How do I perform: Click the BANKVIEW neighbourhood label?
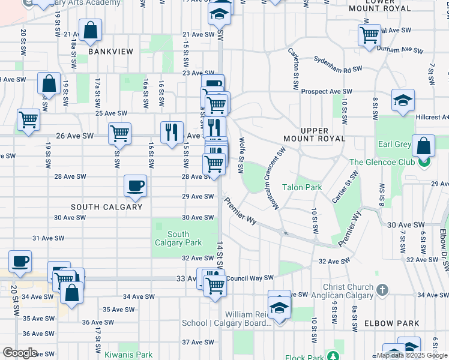(x=110, y=52)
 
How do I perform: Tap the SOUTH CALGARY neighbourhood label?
(x=106, y=207)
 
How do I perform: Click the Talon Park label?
(x=302, y=187)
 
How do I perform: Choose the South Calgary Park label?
(x=178, y=238)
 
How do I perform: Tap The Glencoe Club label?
(x=381, y=162)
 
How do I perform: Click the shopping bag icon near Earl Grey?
(x=424, y=146)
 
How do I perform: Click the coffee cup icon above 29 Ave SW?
(x=135, y=185)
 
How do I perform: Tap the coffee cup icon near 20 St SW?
(x=20, y=261)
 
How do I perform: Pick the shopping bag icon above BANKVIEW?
(x=90, y=31)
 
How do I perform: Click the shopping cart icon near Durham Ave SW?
(x=369, y=34)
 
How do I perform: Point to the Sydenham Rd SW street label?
(x=339, y=65)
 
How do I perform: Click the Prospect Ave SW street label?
(x=327, y=91)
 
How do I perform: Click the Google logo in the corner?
(x=20, y=353)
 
